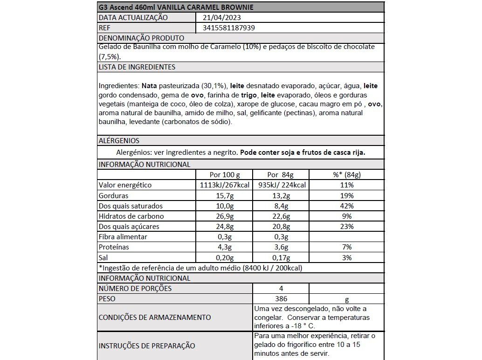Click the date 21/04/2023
coord(222,18)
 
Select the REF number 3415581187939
coord(229,28)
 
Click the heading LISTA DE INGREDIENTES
coord(137,67)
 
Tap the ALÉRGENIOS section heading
coord(119,140)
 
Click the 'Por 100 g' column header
coord(225,175)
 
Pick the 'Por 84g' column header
coord(280,175)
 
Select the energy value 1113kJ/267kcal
coord(224,185)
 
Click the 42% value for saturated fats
coord(346,206)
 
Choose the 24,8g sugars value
coord(224,227)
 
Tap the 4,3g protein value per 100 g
coord(224,247)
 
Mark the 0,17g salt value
coord(280,257)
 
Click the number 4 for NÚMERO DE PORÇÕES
coord(281,289)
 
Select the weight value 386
coord(281,299)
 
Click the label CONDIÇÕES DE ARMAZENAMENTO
coord(155,317)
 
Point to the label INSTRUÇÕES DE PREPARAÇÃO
coord(147,346)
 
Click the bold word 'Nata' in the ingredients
coord(149,86)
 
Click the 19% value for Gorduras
coord(346,195)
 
